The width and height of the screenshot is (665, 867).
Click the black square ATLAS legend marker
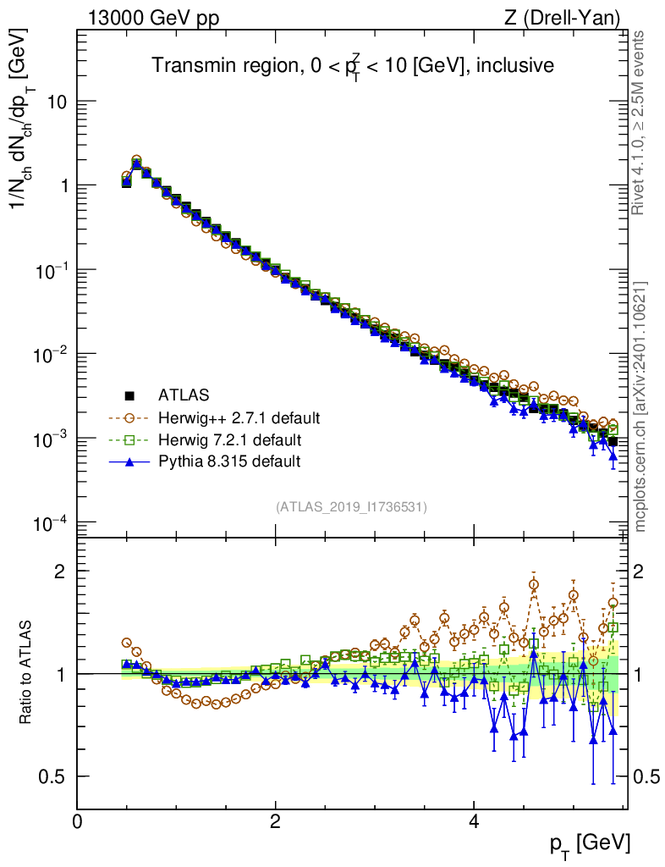[x=129, y=395]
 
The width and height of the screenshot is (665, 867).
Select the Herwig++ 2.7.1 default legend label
[x=239, y=417]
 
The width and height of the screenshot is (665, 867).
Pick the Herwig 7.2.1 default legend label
[x=230, y=439]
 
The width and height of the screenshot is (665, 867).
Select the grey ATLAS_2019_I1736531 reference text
[x=351, y=507]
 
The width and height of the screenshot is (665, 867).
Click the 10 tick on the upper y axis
[x=56, y=102]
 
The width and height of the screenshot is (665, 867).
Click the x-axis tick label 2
[x=276, y=822]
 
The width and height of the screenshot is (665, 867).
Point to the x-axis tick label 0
[x=78, y=822]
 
